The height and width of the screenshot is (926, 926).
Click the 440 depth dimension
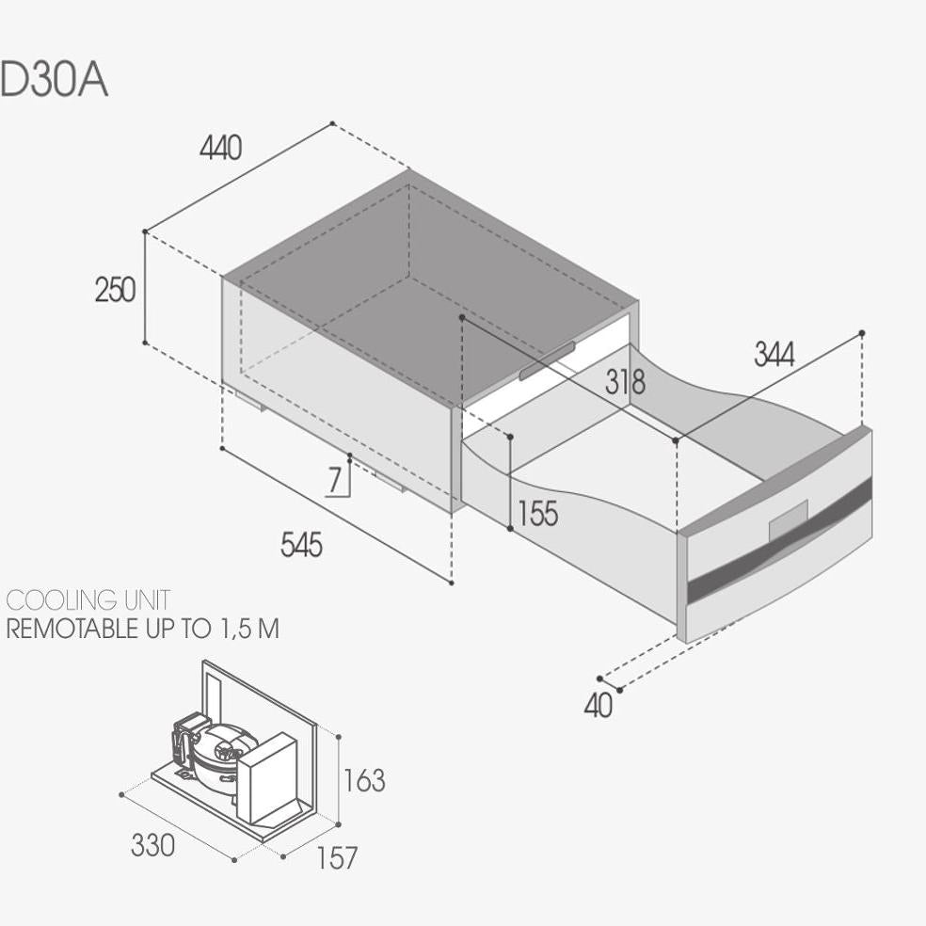[x=221, y=148]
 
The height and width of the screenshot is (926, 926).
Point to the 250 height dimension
[x=115, y=290]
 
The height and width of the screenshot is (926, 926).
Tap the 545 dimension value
[x=301, y=545]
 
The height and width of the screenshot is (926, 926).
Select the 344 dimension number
[x=774, y=355]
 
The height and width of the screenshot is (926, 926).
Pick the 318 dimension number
[x=626, y=382]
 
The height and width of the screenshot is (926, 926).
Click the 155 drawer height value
[x=537, y=513]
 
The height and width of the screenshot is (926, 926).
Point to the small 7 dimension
[x=335, y=480]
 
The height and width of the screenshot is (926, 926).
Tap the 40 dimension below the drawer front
[x=599, y=705]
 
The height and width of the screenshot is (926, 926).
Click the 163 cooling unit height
[x=364, y=781]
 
